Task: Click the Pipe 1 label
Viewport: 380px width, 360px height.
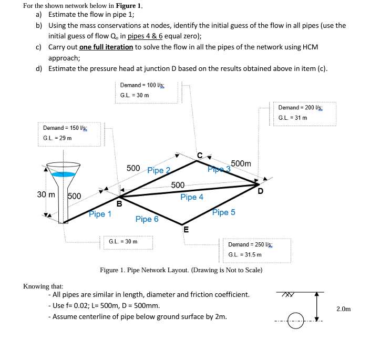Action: point(100,214)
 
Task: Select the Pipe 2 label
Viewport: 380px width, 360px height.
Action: point(159,170)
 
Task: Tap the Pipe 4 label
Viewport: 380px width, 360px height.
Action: point(191,197)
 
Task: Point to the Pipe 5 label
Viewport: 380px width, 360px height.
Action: point(223,212)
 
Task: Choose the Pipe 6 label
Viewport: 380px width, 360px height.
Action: point(147,219)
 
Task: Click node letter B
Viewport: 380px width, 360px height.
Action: point(119,203)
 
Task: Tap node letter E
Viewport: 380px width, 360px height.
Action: point(185,229)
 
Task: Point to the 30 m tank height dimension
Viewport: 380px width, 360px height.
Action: point(46,195)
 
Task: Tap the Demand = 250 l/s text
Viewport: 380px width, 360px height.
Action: point(249,245)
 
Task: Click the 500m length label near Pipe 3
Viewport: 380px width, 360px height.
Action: point(241,163)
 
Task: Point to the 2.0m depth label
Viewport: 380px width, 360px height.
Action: point(343,309)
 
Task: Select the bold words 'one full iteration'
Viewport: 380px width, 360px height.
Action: point(106,47)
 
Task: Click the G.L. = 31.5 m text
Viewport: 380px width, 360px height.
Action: point(244,254)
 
